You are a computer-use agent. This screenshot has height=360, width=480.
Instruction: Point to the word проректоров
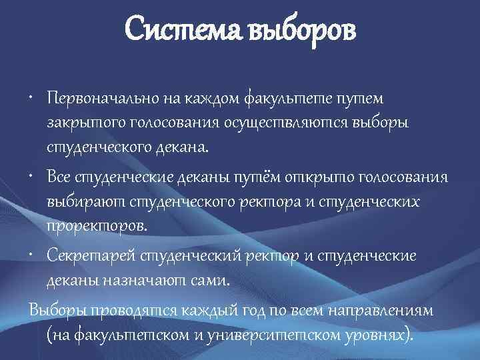pos(96,225)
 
